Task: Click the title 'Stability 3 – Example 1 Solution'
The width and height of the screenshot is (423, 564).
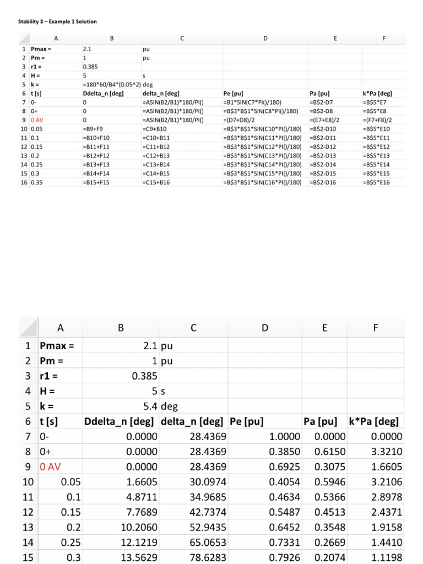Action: (55, 21)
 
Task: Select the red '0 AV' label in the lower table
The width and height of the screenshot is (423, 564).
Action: (51, 467)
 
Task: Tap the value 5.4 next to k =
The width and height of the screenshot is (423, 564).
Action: (149, 407)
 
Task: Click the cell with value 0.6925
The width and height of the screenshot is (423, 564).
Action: (285, 467)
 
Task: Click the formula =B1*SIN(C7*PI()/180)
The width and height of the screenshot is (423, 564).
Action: (256, 102)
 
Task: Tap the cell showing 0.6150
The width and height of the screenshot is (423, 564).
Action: (330, 452)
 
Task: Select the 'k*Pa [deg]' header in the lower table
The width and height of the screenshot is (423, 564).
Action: (374, 422)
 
